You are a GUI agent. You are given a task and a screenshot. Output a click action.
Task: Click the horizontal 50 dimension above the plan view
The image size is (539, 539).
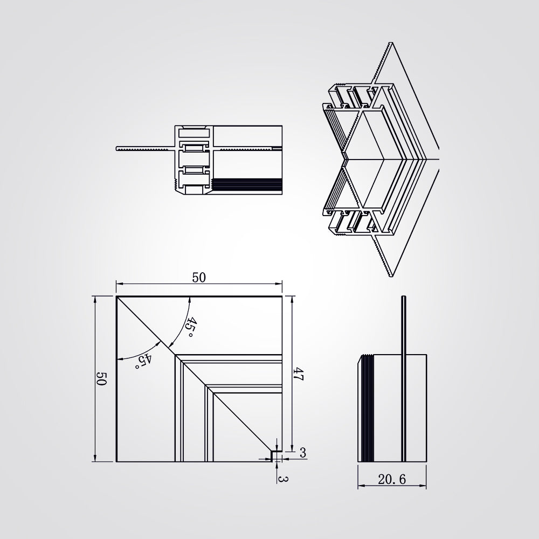click(199, 278)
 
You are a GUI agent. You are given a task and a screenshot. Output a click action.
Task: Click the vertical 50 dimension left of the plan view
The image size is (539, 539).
click(102, 378)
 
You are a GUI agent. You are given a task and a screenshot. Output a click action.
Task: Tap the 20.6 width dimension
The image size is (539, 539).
click(392, 479)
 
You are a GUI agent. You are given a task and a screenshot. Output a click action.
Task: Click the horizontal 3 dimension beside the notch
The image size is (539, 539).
click(302, 453)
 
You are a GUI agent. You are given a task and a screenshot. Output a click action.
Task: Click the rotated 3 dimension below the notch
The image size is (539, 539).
click(283, 479)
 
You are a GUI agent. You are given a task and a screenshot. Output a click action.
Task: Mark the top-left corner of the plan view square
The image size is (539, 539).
click(116, 296)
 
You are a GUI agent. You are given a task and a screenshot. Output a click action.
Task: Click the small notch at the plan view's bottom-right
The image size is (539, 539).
click(276, 456)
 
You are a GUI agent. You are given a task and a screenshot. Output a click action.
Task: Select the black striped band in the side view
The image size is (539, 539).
click(368, 409)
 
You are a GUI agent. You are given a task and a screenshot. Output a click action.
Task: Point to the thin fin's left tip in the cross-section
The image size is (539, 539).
click(117, 149)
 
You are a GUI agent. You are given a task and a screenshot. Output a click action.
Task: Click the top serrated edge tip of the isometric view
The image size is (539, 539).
click(390, 43)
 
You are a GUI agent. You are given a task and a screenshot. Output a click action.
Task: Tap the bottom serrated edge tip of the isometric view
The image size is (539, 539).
click(391, 275)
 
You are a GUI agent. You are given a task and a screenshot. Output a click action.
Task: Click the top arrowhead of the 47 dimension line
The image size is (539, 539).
click(292, 299)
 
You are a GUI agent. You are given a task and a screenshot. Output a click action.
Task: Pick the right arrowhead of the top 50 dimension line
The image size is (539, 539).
click(279, 284)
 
